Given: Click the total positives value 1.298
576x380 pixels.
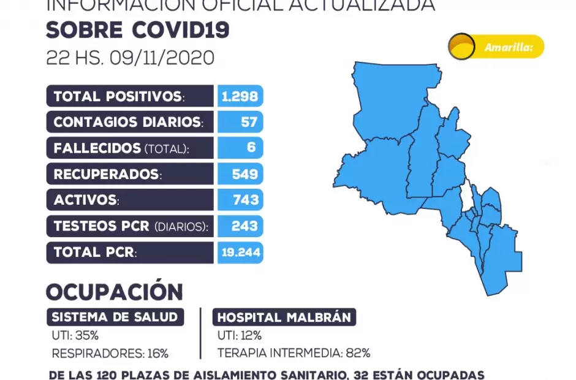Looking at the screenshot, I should point(240,96).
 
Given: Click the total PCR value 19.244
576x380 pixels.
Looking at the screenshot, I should point(240,252).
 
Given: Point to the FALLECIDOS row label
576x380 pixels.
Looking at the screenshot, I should point(121,148).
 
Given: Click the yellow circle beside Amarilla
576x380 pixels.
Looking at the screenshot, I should point(461,47).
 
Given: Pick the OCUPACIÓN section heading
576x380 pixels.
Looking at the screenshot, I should point(115,292).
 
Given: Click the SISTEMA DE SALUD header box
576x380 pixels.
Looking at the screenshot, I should point(115,317).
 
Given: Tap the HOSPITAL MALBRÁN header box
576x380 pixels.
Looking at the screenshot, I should point(284,317).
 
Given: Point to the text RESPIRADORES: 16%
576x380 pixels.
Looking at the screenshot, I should point(110,353).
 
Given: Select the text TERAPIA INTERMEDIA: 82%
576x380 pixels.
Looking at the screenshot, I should point(294,353).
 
